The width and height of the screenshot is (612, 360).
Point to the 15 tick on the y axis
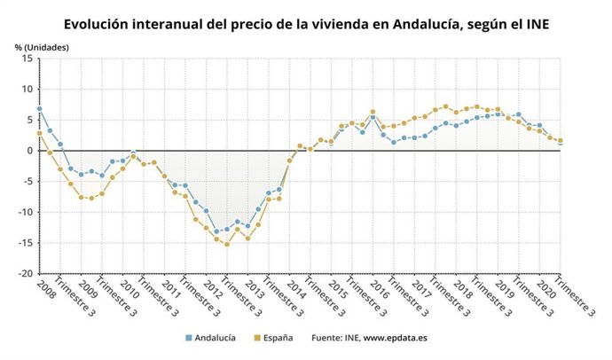[x=27, y=59]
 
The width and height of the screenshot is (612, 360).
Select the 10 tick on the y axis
[x=27, y=90]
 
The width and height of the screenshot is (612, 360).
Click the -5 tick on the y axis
[x=27, y=182]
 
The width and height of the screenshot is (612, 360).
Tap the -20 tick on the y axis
[x=24, y=274]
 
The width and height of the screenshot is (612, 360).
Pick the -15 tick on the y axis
[x=24, y=243]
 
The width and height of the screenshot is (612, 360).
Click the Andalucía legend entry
[x=214, y=338]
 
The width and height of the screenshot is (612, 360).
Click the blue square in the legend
[x=188, y=338]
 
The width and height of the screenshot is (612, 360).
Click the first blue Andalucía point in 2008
[x=39, y=109]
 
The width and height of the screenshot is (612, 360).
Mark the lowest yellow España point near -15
[x=226, y=244]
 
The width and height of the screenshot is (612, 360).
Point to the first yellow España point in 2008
[x=39, y=134]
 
